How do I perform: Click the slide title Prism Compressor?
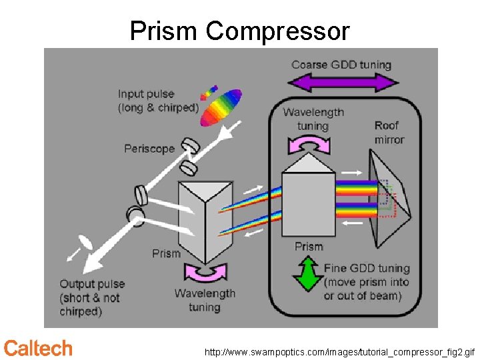[239, 31]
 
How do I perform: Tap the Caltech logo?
[38, 348]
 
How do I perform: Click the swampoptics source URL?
[339, 351]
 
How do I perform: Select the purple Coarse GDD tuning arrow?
[342, 83]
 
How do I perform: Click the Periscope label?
[149, 149]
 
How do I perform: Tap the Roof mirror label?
[389, 132]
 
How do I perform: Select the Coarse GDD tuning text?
[341, 65]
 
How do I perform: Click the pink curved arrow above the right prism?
[308, 144]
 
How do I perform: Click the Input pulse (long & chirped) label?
[158, 101]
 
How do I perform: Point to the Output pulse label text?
[92, 297]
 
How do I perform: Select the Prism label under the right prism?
[309, 247]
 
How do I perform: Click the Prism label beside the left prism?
[166, 253]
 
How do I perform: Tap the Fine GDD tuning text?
[367, 282]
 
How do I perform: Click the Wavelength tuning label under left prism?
[205, 300]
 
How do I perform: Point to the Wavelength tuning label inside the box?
[313, 119]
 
